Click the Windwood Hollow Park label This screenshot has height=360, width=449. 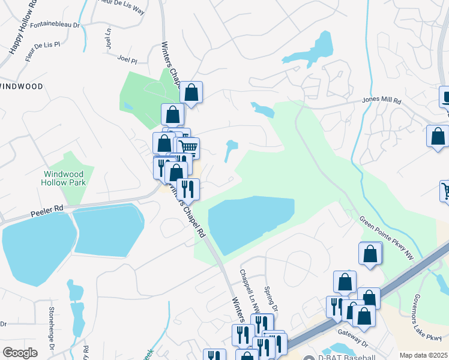click(x=64, y=178)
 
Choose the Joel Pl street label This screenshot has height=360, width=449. click(x=128, y=60)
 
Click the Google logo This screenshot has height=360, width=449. click(x=20, y=353)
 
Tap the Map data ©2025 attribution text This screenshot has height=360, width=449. click(x=423, y=355)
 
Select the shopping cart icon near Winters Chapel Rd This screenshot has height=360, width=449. click(x=188, y=146)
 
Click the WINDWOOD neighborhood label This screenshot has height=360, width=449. click(x=22, y=86)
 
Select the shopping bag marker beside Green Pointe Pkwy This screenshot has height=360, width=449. click(x=370, y=254)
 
